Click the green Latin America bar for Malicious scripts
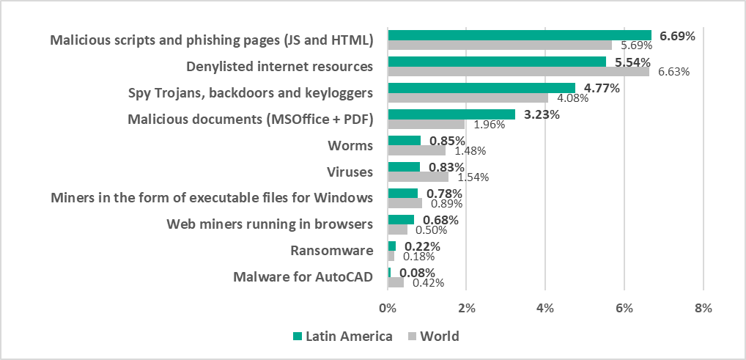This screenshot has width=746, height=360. (x=520, y=35)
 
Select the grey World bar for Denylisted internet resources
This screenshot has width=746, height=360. (x=518, y=72)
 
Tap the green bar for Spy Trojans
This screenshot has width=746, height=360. (x=481, y=88)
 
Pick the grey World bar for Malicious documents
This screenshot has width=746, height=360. (x=426, y=125)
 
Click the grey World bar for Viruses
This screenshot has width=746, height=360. (x=418, y=177)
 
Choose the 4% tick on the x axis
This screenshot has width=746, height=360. (x=545, y=309)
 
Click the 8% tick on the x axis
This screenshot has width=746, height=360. (x=703, y=309)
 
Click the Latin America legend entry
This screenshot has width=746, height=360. (x=343, y=337)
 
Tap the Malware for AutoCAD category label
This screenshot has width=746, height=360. (x=303, y=277)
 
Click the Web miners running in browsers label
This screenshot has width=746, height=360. (x=270, y=224)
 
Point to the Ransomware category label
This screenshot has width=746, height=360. (x=332, y=251)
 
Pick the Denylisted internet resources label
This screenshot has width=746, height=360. (x=279, y=67)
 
